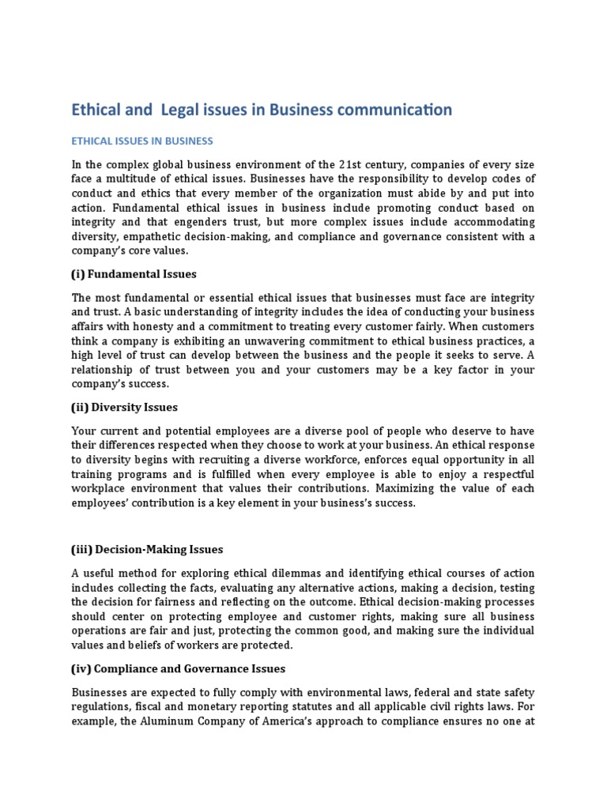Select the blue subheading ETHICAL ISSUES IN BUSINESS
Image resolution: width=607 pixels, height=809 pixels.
pos(142,141)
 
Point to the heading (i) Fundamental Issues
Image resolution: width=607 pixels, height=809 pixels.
pos(134,274)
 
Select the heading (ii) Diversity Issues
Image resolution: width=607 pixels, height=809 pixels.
pos(124,407)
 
